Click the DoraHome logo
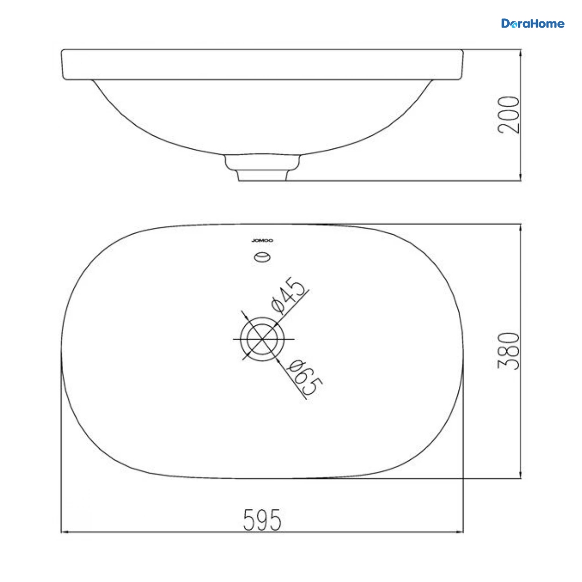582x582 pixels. [533, 23]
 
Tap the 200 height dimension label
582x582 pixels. [509, 114]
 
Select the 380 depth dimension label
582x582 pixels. [509, 351]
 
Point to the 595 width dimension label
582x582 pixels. [262, 520]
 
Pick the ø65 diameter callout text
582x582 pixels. [305, 377]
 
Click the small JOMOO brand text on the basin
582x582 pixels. [262, 241]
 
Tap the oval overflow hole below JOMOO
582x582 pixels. [262, 257]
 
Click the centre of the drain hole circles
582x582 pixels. [262, 339]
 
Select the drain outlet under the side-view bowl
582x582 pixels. [262, 168]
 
